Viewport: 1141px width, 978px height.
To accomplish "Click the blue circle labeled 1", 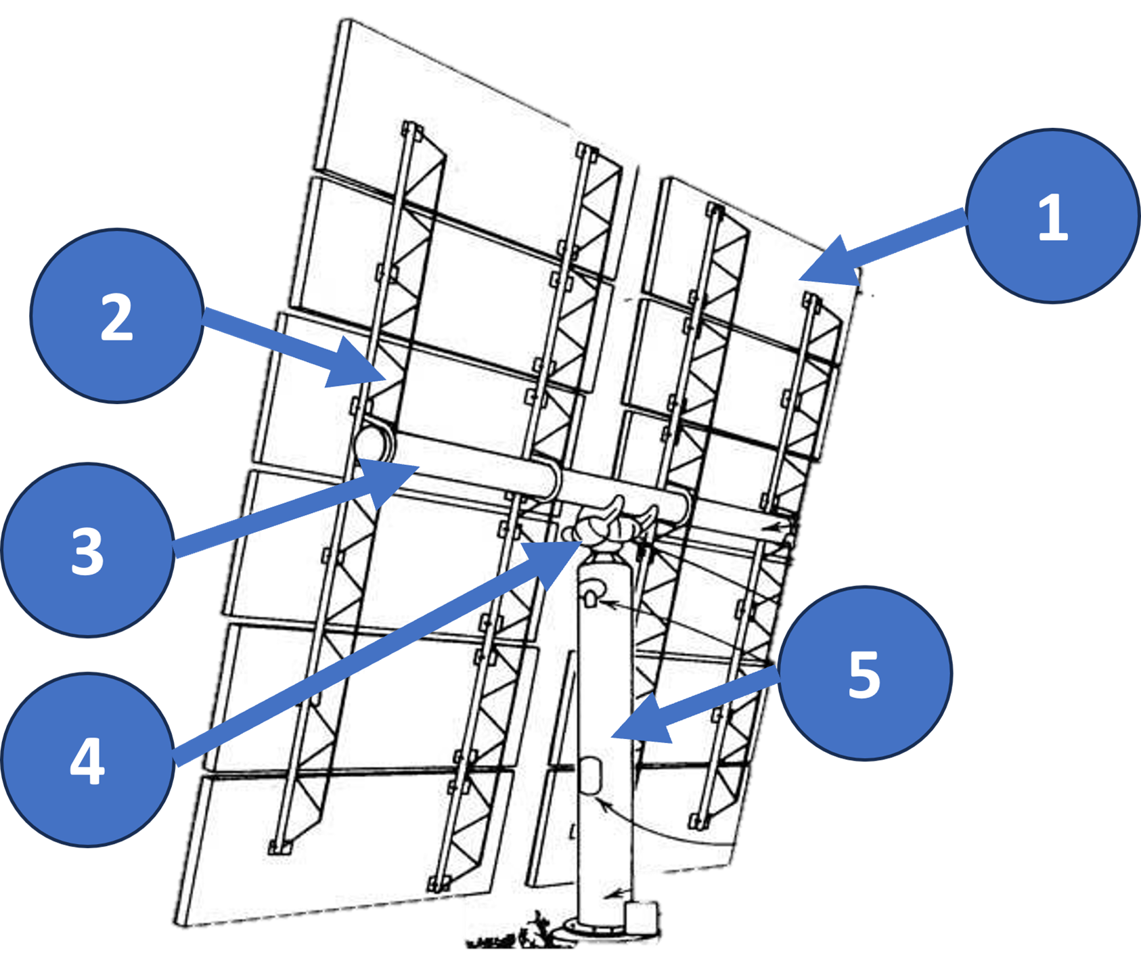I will pos(1052,216).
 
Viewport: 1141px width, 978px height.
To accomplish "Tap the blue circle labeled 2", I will pos(116,316).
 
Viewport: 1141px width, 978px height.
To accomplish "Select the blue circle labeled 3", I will pos(87,550).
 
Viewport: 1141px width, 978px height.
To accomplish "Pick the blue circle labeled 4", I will pos(87,759).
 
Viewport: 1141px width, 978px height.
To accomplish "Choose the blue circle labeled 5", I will pos(864,673).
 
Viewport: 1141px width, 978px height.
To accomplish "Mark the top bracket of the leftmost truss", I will pos(409,129).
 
